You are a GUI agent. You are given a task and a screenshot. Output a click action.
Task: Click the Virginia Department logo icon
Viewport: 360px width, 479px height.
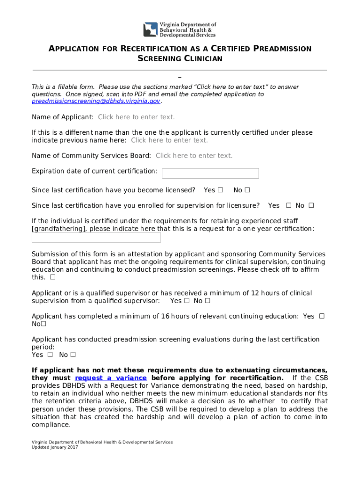[151, 29]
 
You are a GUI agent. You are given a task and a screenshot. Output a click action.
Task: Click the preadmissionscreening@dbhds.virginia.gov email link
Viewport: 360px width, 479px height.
[96, 101]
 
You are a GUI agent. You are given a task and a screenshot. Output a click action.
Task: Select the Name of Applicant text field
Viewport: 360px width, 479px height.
[136, 117]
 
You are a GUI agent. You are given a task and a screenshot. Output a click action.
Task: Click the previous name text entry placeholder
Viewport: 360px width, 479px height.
[169, 140]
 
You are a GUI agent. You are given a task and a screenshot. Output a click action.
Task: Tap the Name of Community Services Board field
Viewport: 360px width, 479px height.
[194, 156]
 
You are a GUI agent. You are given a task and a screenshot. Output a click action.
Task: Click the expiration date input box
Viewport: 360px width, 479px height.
[210, 174]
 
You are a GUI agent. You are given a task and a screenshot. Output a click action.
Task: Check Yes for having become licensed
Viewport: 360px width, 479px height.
[221, 190]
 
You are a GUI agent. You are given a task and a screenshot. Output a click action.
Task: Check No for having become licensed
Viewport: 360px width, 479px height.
[247, 190]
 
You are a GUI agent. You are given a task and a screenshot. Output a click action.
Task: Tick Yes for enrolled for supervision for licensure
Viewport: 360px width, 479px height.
[288, 205]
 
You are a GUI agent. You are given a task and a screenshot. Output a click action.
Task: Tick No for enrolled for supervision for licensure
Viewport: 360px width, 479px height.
[311, 205]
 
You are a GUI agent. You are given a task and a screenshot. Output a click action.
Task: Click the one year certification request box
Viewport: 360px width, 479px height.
[96, 238]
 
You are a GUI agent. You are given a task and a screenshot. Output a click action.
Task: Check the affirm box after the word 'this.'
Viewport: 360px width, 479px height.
[52, 277]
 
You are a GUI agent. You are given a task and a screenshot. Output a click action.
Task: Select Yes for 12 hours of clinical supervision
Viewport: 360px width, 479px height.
[187, 301]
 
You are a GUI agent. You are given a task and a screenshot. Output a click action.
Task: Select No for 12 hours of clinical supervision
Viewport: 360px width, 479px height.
[208, 301]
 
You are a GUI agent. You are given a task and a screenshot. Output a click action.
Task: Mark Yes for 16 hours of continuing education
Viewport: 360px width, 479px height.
[322, 316]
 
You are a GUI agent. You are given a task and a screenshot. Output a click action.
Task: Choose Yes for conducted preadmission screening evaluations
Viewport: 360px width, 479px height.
[50, 355]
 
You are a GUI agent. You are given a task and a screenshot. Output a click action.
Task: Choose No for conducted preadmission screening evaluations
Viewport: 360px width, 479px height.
[73, 355]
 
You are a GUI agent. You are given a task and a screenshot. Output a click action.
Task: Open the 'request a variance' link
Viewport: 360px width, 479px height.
[111, 378]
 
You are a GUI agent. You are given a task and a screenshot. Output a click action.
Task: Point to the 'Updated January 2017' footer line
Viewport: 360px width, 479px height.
[55, 447]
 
